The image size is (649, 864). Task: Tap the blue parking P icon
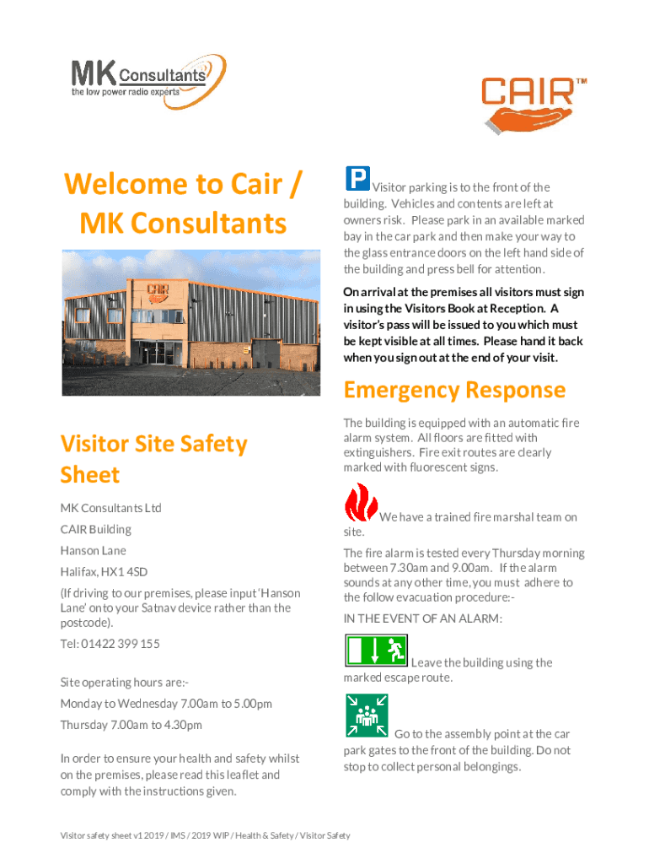(x=357, y=178)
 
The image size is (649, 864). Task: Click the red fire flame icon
(x=361, y=503)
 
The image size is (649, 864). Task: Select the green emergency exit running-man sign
(x=376, y=651)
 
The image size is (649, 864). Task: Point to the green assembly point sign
(x=366, y=715)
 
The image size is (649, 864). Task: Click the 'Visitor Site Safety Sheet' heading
(x=153, y=459)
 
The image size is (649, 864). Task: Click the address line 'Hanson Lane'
(x=93, y=551)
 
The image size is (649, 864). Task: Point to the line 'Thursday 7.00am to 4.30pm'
(x=131, y=725)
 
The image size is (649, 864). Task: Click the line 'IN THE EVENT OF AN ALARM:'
(x=422, y=618)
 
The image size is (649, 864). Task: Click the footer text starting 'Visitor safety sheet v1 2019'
(x=205, y=835)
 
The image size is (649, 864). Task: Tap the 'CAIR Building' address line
(x=95, y=530)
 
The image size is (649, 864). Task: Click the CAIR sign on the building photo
(x=157, y=290)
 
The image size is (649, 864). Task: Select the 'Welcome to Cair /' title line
(x=181, y=184)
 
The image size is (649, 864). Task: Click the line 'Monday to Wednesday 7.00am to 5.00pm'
(x=166, y=704)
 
